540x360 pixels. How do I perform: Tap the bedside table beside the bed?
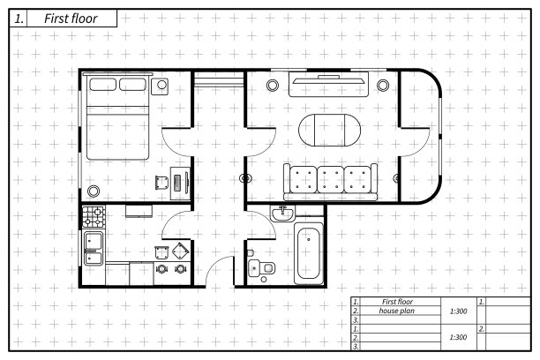[x=161, y=86]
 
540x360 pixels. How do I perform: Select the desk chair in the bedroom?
[x=162, y=182]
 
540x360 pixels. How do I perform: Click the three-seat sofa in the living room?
[x=330, y=180]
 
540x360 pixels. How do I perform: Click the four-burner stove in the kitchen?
[x=94, y=217]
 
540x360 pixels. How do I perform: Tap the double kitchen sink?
[x=94, y=246]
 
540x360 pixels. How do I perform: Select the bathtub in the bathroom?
[x=308, y=253]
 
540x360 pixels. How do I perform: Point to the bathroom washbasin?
[x=284, y=214]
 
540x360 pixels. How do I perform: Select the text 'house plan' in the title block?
[x=397, y=311]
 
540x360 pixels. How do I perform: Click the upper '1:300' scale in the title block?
[x=458, y=311]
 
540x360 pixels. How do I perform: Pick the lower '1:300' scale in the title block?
[x=458, y=337]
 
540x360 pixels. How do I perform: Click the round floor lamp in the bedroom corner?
[x=94, y=189]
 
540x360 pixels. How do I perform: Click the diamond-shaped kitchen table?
[x=181, y=250]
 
